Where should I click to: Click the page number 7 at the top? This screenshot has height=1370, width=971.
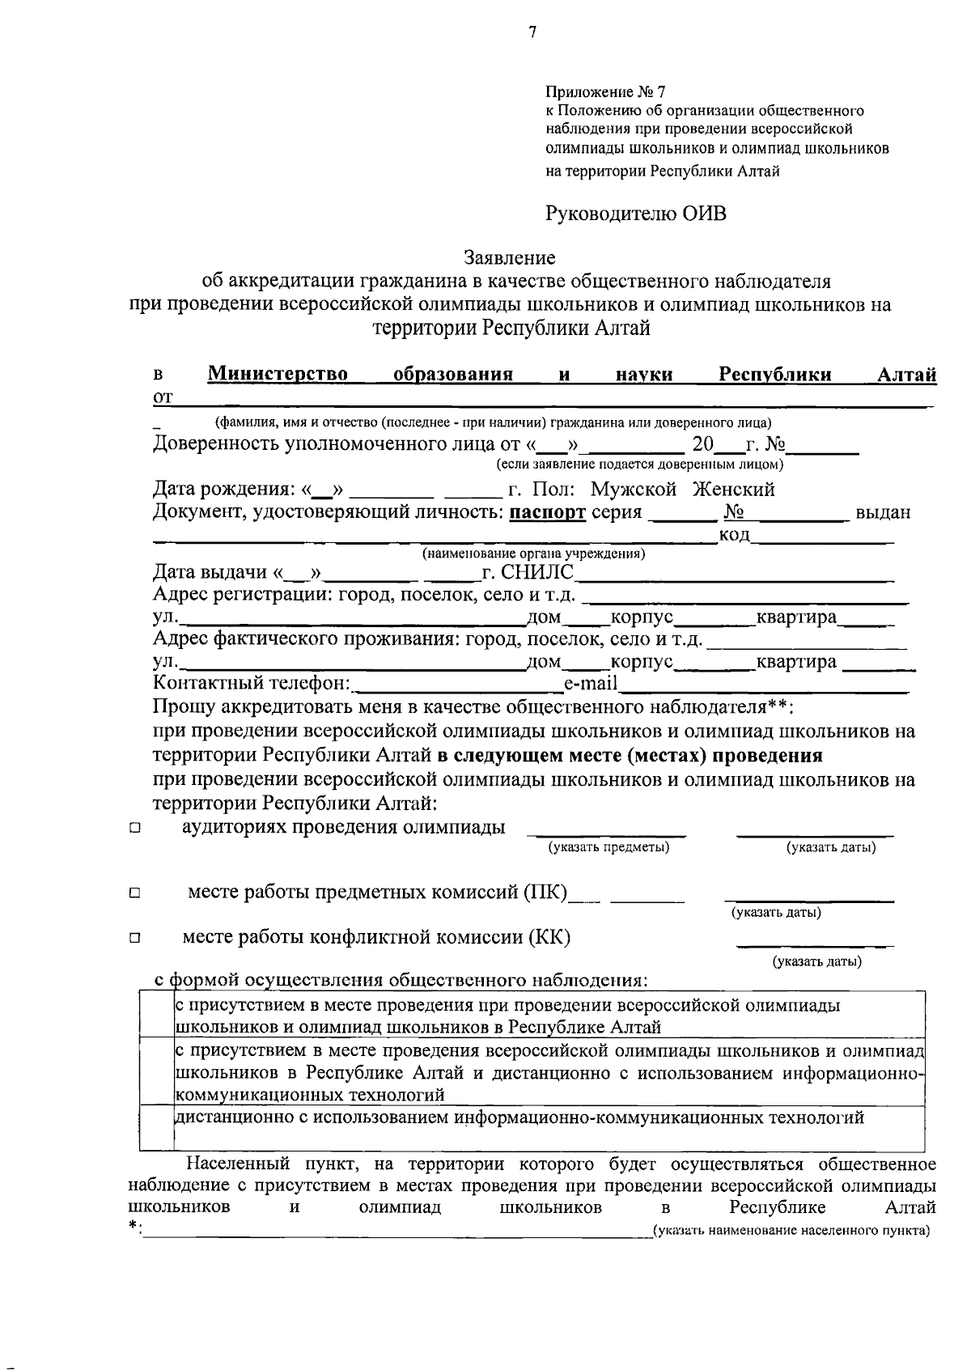[532, 32]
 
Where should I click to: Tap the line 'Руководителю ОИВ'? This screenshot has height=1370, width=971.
[636, 214]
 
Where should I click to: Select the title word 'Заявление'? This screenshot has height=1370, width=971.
[510, 258]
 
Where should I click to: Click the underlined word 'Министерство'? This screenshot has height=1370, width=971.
[278, 374]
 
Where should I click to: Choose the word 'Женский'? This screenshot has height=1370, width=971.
[733, 490]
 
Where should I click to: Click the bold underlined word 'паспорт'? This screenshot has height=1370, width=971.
[548, 512]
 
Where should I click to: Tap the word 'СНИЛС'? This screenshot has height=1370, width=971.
[537, 573]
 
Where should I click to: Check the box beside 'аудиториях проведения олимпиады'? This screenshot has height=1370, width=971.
[134, 829]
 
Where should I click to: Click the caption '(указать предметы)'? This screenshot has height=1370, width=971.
[608, 847]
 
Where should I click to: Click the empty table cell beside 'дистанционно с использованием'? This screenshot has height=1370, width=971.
[157, 1128]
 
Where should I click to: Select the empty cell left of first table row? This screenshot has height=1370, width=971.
[157, 1015]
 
